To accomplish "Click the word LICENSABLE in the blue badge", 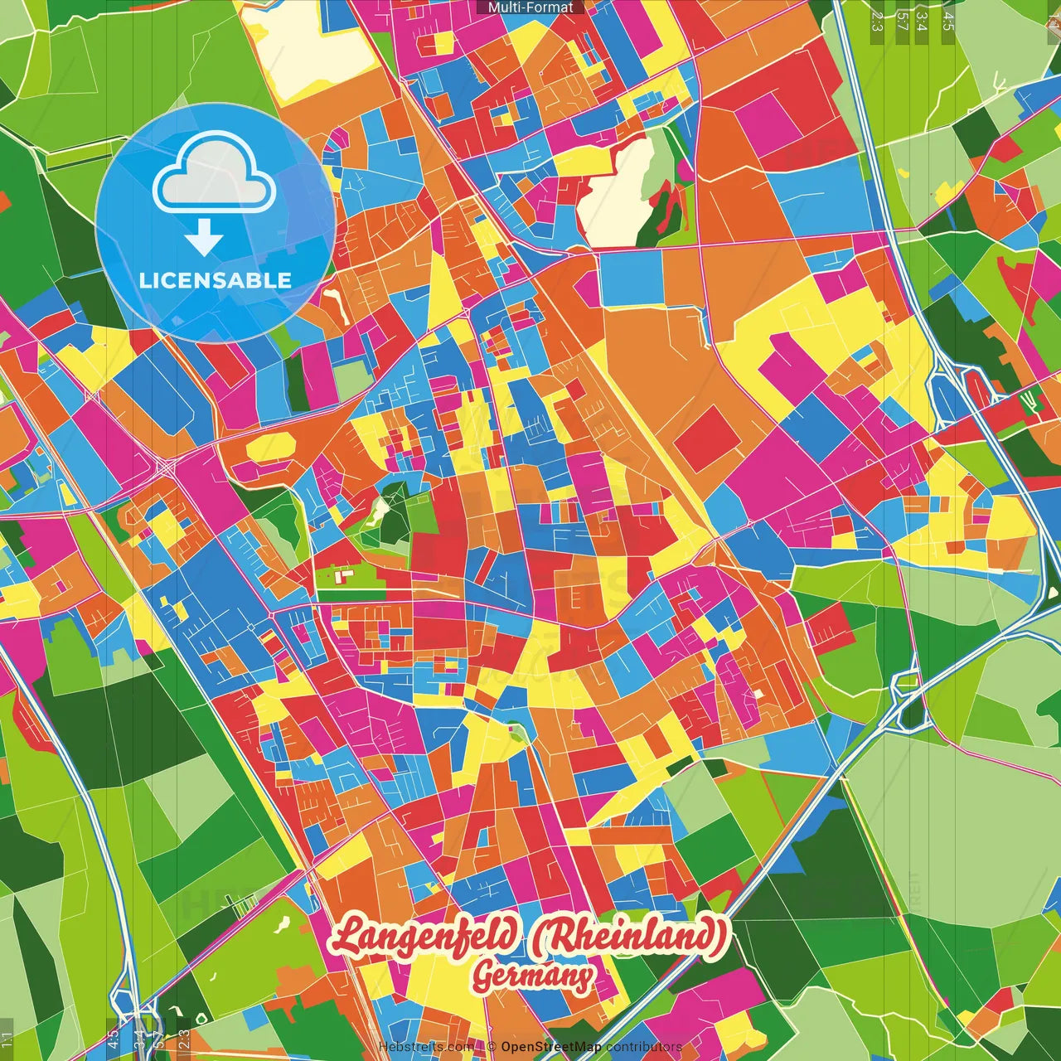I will (x=216, y=280).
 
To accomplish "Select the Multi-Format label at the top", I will (x=530, y=7).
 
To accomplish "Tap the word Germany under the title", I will (x=532, y=976).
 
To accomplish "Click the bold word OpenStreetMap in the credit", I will (x=551, y=1047).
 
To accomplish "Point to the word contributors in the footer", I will (x=644, y=1047).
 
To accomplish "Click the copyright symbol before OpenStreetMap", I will (x=492, y=1047).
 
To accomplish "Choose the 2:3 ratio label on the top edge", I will (x=877, y=20).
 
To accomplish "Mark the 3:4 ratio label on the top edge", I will (x=922, y=20).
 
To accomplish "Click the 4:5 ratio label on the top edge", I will (x=948, y=20).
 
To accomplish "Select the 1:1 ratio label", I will (x=7, y=1039).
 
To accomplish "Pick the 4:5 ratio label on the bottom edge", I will (x=113, y=1039).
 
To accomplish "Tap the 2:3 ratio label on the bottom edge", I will (x=184, y=1039).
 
